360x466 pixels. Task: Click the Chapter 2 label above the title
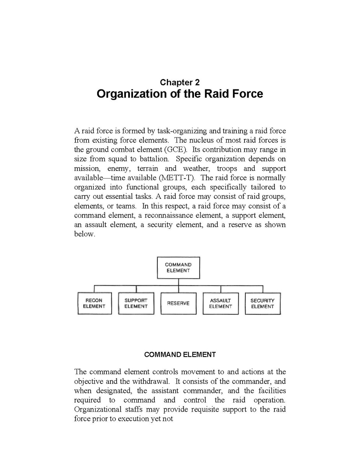click(x=180, y=82)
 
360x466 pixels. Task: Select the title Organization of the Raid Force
click(x=180, y=94)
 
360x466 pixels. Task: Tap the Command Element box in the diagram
click(x=178, y=268)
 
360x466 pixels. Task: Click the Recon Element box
click(x=94, y=303)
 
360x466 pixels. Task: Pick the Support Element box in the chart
click(x=136, y=303)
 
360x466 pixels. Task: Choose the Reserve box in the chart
click(x=178, y=303)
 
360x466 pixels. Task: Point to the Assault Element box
click(x=220, y=303)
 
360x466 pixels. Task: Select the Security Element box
click(x=262, y=303)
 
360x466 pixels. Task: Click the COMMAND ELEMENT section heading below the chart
click(x=180, y=355)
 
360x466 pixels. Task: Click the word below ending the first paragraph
click(x=84, y=234)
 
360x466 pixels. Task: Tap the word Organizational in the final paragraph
click(x=97, y=410)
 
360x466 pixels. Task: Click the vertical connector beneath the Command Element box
click(x=178, y=282)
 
